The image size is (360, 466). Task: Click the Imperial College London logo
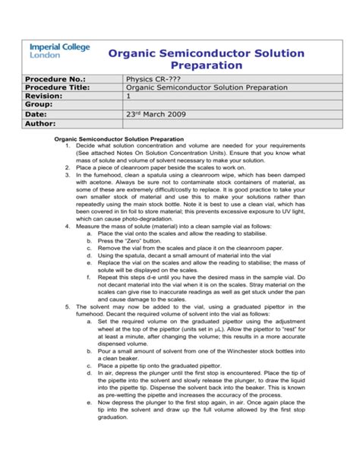58,51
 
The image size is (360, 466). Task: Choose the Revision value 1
128,97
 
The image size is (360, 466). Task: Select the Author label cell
44,123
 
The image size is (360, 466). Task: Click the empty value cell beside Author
228,123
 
